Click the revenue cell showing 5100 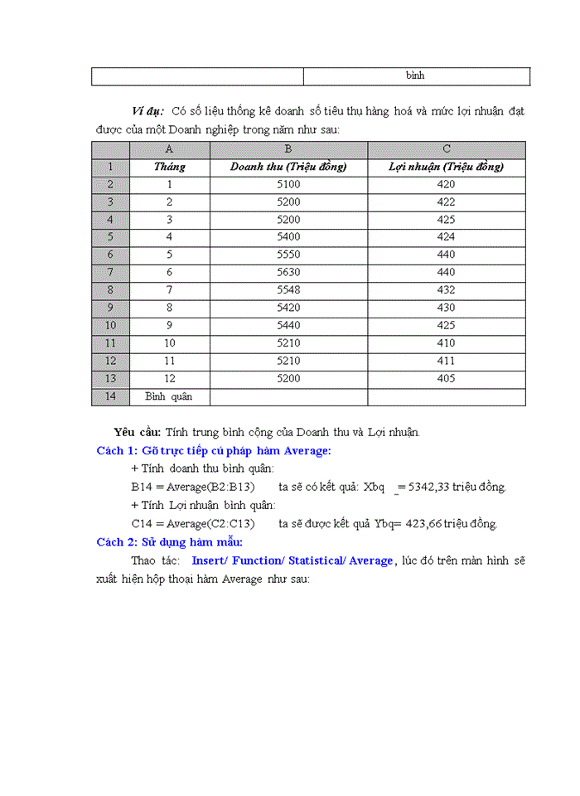[288, 184]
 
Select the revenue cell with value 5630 [288, 272]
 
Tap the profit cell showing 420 [446, 184]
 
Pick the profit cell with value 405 [446, 378]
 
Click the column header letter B [288, 149]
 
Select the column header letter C [446, 149]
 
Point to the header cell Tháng [170, 167]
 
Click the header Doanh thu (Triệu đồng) [288, 167]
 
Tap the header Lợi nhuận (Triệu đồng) [446, 167]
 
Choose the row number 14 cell [110, 396]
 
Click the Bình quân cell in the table [169, 396]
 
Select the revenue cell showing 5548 [288, 290]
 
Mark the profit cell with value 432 [446, 290]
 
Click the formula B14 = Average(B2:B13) [193, 487]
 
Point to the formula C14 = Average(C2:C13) [193, 523]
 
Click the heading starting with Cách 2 [169, 541]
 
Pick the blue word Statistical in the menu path [316, 561]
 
